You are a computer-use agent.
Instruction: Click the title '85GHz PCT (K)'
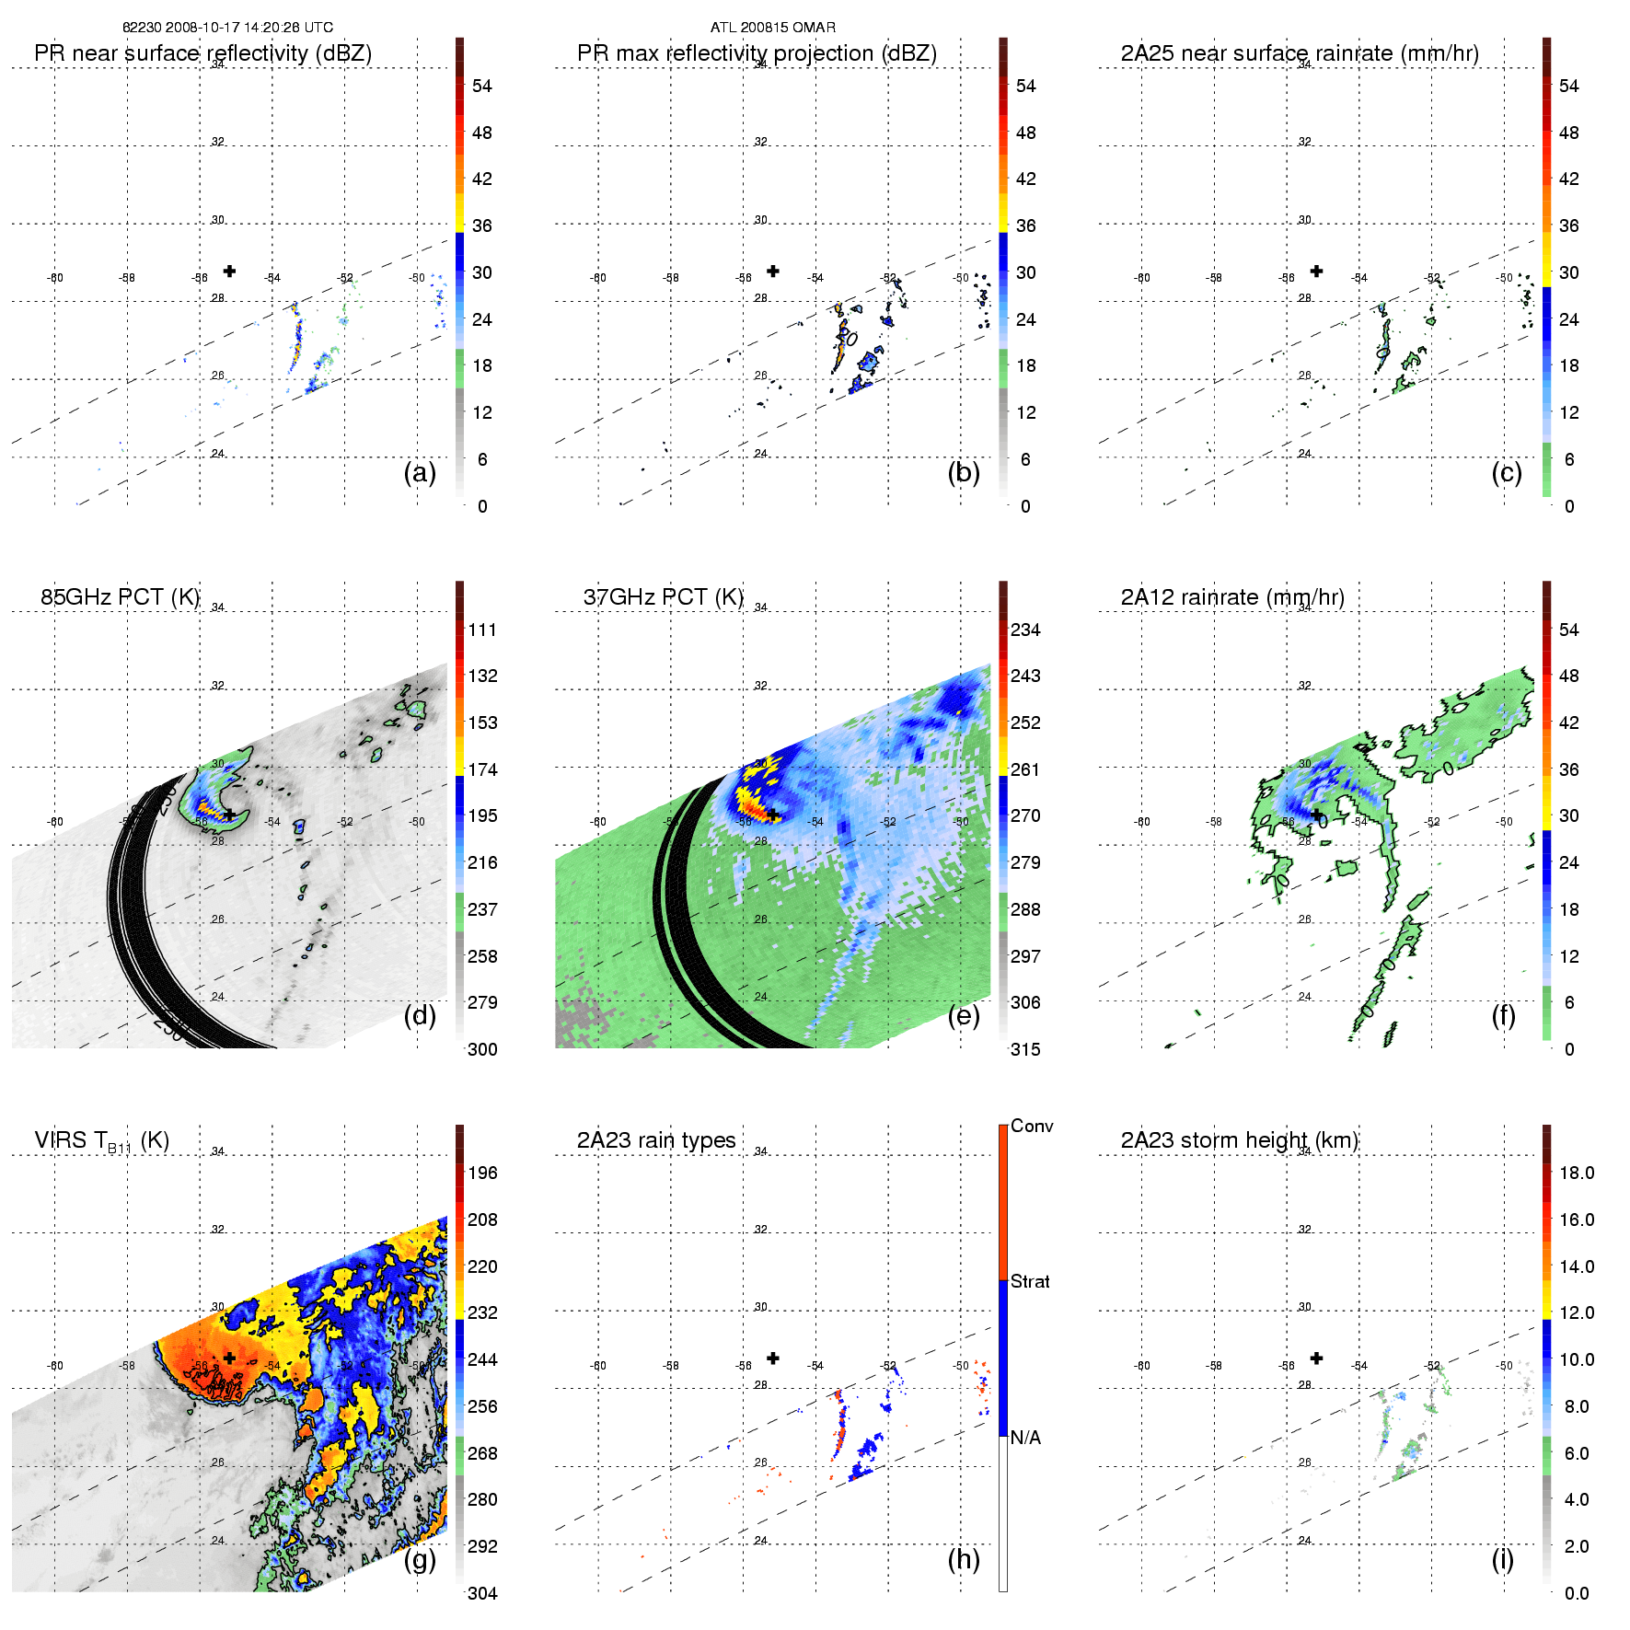[x=120, y=597]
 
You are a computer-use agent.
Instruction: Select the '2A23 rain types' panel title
[x=656, y=1140]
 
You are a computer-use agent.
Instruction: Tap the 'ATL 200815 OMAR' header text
[x=773, y=28]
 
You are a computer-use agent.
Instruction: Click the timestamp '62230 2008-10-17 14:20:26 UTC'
[x=227, y=28]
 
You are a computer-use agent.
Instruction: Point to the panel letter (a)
[x=420, y=472]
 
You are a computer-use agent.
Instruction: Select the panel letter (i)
[x=1502, y=1559]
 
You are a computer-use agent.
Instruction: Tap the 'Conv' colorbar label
[x=1032, y=1126]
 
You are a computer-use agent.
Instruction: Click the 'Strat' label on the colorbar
[x=1030, y=1281]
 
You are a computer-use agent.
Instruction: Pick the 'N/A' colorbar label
[x=1025, y=1438]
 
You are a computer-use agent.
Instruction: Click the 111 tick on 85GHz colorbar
[x=482, y=630]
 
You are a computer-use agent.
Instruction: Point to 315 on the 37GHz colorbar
[x=1025, y=1049]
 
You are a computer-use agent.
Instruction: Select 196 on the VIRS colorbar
[x=482, y=1173]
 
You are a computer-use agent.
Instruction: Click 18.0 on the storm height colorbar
[x=1577, y=1173]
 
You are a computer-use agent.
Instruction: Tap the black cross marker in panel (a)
[x=229, y=271]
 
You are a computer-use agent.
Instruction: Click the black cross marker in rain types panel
[x=773, y=1358]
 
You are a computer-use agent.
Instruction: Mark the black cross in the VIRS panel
[x=229, y=1358]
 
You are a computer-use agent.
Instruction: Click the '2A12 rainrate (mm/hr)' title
[x=1232, y=597]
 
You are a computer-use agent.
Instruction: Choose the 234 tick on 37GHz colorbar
[x=1025, y=630]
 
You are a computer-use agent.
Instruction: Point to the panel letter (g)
[x=420, y=1559]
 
